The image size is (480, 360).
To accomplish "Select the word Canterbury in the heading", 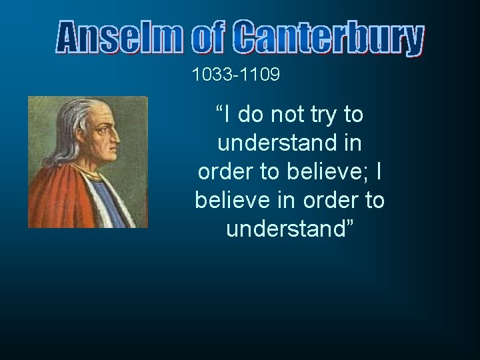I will coord(329,39).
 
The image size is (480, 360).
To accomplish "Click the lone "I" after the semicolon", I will coord(379,172).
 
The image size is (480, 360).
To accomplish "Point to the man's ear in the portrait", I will coord(81,137).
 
